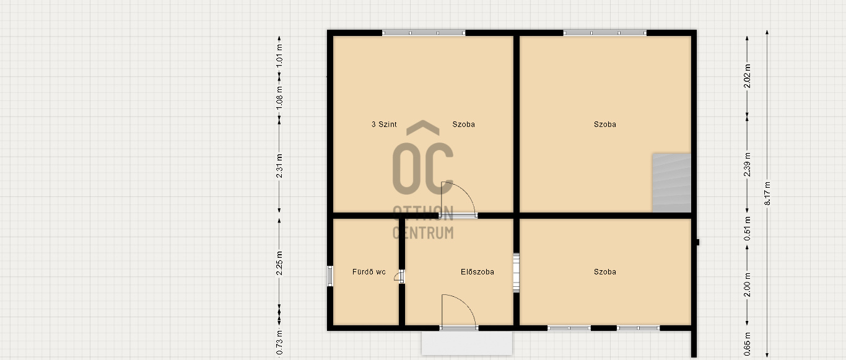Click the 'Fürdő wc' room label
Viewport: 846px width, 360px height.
click(x=368, y=271)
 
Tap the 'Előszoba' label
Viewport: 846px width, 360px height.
click(x=478, y=271)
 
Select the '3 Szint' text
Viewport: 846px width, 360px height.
click(x=384, y=125)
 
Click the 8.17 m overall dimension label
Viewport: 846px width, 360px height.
click(x=767, y=193)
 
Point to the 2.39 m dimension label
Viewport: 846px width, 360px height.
click(x=747, y=164)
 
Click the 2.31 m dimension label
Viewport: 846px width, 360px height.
click(x=279, y=166)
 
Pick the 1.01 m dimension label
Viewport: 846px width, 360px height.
click(x=279, y=56)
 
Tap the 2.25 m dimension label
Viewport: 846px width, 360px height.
click(x=279, y=263)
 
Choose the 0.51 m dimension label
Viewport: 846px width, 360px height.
click(x=747, y=229)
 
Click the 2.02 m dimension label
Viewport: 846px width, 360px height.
click(x=747, y=76)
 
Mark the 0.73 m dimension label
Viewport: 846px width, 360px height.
click(x=279, y=343)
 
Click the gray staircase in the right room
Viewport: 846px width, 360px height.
click(x=671, y=183)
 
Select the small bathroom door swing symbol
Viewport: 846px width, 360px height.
click(x=398, y=276)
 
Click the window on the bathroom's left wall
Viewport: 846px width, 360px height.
click(x=330, y=276)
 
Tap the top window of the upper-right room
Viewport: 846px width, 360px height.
click(x=604, y=33)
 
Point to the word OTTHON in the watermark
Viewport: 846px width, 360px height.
click(x=423, y=213)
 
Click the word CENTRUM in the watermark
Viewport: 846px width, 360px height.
click(x=423, y=233)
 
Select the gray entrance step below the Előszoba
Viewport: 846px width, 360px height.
click(x=467, y=343)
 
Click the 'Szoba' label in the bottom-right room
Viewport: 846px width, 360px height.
click(x=604, y=271)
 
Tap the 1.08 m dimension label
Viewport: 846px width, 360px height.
click(x=279, y=98)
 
